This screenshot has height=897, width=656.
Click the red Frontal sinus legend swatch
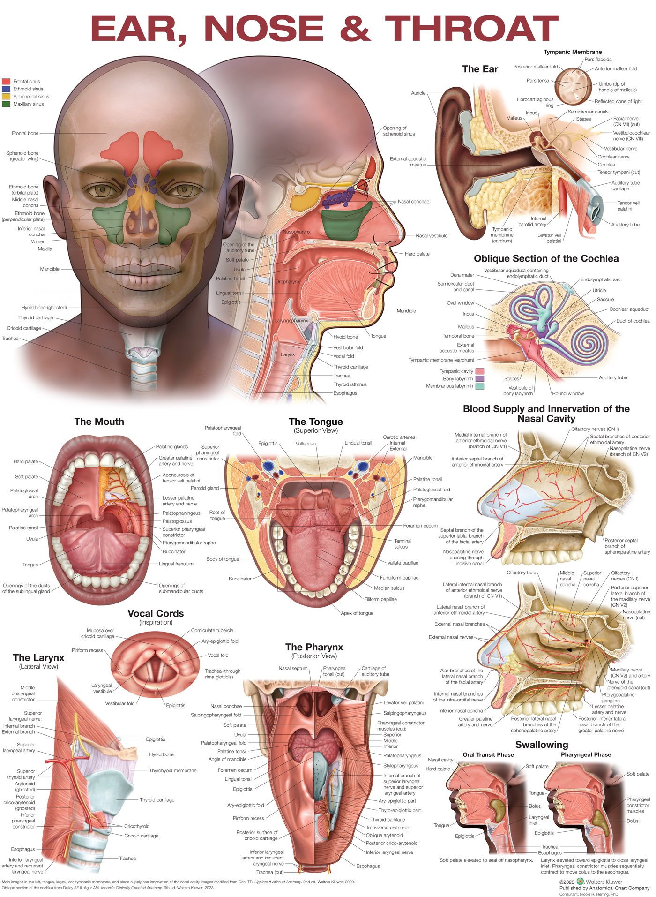[6, 82]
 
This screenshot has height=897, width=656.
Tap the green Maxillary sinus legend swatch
[6, 104]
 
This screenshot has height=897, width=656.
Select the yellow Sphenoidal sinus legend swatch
[6, 97]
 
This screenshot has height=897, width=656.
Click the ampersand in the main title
[355, 29]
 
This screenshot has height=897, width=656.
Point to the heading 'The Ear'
[480, 69]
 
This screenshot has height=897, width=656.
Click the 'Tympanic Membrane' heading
[573, 52]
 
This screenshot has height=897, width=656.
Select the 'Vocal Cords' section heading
[156, 614]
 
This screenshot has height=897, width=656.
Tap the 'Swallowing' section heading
[541, 745]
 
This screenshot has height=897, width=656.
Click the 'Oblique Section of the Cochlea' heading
[546, 259]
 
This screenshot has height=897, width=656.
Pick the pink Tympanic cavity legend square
[480, 371]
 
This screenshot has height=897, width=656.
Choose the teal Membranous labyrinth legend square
[480, 386]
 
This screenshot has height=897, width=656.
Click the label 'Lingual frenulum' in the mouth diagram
[176, 564]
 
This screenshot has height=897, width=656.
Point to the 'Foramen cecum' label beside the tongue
[420, 526]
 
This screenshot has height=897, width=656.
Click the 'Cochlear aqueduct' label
[629, 309]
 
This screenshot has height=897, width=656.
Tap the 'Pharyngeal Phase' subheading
[586, 755]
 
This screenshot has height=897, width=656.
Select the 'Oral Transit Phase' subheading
[488, 755]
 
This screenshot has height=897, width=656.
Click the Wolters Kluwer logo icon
[580, 882]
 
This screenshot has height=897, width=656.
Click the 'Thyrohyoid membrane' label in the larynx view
[172, 771]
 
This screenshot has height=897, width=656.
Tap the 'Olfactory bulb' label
[521, 573]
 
